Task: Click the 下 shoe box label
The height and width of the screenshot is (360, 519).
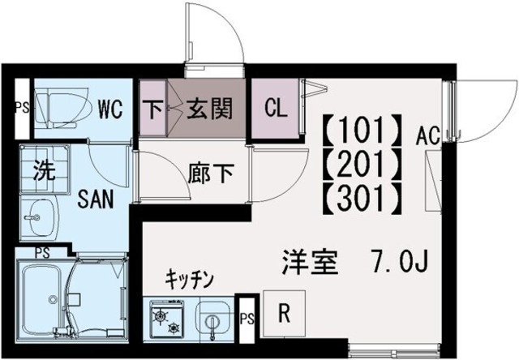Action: click(x=152, y=109)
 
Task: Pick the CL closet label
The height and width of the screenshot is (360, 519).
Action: click(x=275, y=109)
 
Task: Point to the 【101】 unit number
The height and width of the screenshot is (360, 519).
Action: click(x=362, y=130)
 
